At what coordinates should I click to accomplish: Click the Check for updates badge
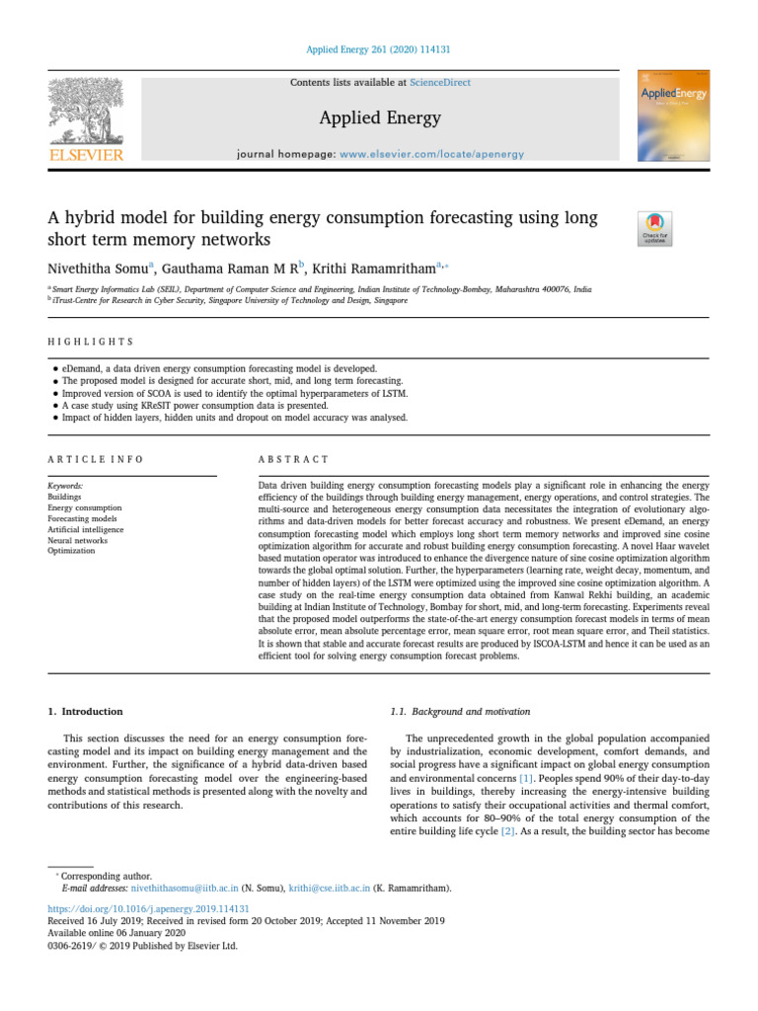[x=655, y=228]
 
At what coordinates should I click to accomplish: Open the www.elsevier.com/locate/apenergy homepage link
[x=431, y=155]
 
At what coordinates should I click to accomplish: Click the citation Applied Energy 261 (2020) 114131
[x=379, y=49]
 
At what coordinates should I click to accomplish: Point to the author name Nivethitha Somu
[x=96, y=268]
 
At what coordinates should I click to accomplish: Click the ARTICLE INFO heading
[x=96, y=459]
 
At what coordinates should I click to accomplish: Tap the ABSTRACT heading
[x=293, y=459]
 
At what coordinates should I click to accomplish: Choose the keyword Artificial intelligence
[x=86, y=529]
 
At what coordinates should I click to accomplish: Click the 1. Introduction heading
[x=86, y=711]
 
